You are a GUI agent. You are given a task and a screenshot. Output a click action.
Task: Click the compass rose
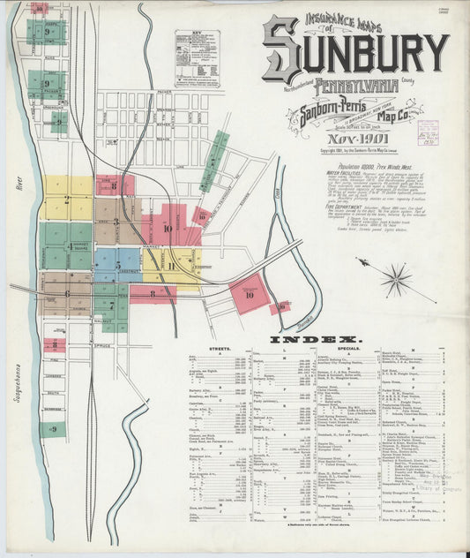(x=397, y=281)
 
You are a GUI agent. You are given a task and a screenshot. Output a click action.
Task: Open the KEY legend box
(x=197, y=58)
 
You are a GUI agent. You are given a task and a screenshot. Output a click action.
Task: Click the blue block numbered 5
(x=117, y=263)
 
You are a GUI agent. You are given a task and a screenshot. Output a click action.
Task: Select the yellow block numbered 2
(x=67, y=199)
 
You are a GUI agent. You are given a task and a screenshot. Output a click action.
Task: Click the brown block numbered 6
(x=66, y=293)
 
